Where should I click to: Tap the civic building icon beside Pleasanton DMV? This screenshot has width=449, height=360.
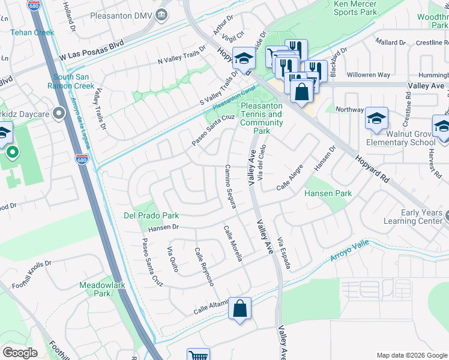pos(161,15)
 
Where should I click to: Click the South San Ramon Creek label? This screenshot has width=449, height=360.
pos(74,81)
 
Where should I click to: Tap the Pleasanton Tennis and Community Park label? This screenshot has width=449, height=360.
pos(261,118)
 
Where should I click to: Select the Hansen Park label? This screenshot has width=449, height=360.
pos(327,194)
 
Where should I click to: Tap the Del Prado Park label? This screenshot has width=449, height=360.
pos(151,215)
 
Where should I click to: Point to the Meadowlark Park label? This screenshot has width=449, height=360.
pos(102,289)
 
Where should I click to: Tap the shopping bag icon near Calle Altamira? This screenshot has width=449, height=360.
pos(240,309)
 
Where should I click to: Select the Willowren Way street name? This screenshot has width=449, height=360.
pos(368,75)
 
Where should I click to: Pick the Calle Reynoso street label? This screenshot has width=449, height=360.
pos(204,266)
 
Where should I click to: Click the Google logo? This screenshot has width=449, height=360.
pos(20,353)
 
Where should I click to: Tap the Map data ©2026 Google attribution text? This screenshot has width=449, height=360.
pos(411,355)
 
